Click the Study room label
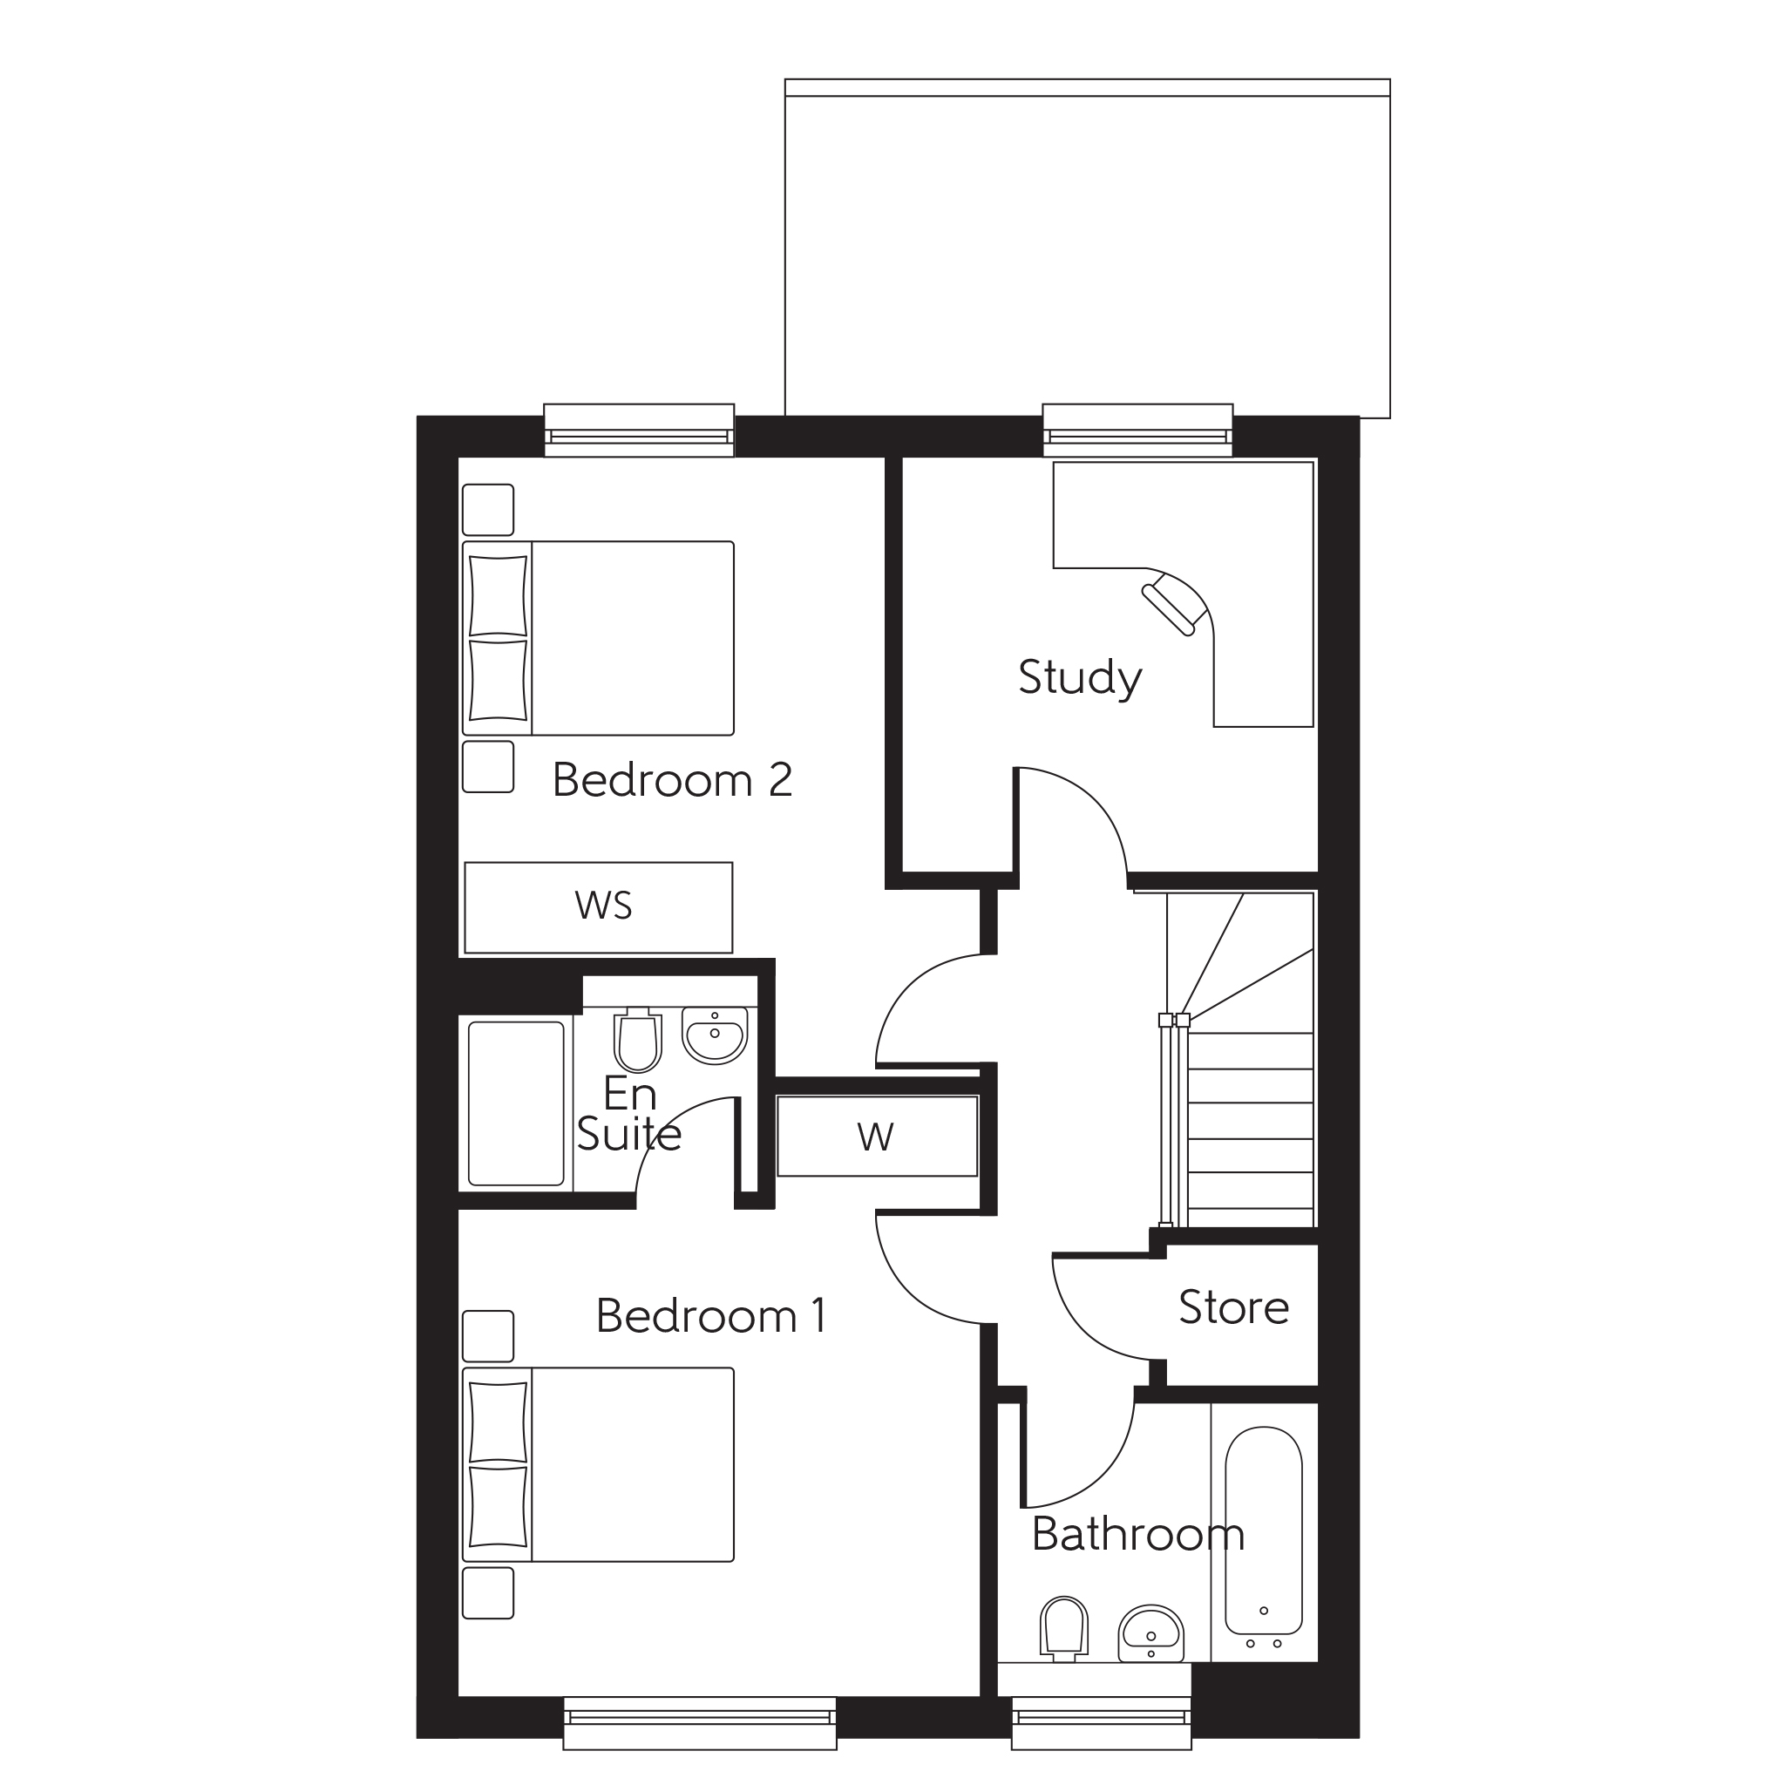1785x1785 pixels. [1079, 678]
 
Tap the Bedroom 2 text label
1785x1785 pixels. [672, 781]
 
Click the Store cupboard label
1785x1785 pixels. [1232, 1308]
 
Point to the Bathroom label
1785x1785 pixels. [1137, 1535]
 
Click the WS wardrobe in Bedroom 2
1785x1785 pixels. [599, 907]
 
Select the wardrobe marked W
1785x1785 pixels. [876, 1137]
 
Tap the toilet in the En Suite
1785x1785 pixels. [637, 1041]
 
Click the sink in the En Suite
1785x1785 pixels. [714, 1035]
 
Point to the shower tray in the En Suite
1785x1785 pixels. [516, 1103]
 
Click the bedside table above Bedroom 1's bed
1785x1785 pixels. [488, 1336]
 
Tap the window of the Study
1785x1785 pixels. [1137, 431]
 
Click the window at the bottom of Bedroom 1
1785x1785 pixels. [699, 1722]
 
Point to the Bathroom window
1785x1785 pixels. [1101, 1722]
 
